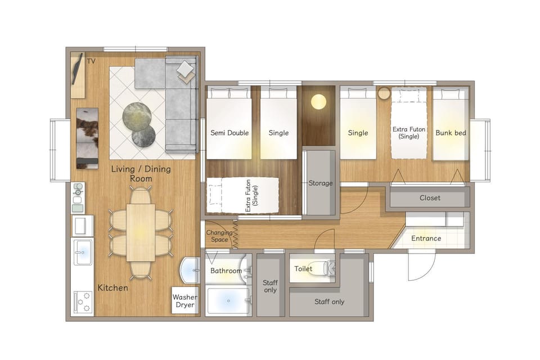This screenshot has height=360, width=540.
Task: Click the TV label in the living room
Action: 91,61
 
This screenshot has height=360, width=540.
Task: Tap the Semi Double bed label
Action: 229,133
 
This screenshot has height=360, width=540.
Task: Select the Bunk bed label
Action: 451,133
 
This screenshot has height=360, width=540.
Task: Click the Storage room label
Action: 321,183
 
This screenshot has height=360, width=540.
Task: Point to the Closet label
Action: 430,198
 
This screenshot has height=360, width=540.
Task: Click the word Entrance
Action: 426,238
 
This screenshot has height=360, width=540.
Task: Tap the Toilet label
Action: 303,268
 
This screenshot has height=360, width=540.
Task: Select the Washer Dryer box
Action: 185,300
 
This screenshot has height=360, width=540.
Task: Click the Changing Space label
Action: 219,236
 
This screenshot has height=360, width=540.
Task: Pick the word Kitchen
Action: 112,287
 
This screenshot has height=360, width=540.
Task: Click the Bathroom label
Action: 226,271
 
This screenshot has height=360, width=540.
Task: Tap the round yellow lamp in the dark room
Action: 318,102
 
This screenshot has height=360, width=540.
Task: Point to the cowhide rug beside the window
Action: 87,138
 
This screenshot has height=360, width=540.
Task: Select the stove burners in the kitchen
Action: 83,301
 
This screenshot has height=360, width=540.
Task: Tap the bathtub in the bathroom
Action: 228,301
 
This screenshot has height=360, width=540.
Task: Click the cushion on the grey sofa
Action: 185,69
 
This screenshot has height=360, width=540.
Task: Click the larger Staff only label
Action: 329,301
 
